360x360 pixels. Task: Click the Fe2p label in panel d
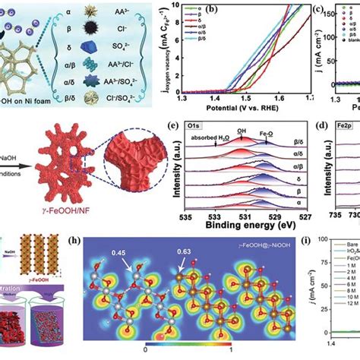[x=333, y=125]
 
